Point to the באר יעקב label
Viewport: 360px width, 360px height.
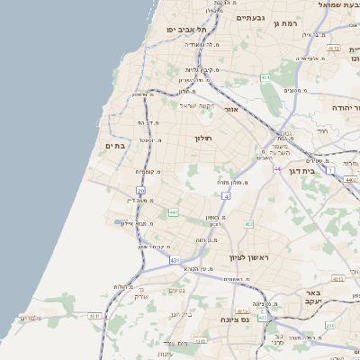(x=313, y=298)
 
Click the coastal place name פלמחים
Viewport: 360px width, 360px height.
(x=30, y=318)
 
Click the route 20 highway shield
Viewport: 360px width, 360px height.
(x=140, y=191)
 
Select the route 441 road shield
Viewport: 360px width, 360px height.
(x=173, y=212)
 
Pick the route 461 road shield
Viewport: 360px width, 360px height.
(x=266, y=78)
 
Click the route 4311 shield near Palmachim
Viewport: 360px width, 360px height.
(x=94, y=316)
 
